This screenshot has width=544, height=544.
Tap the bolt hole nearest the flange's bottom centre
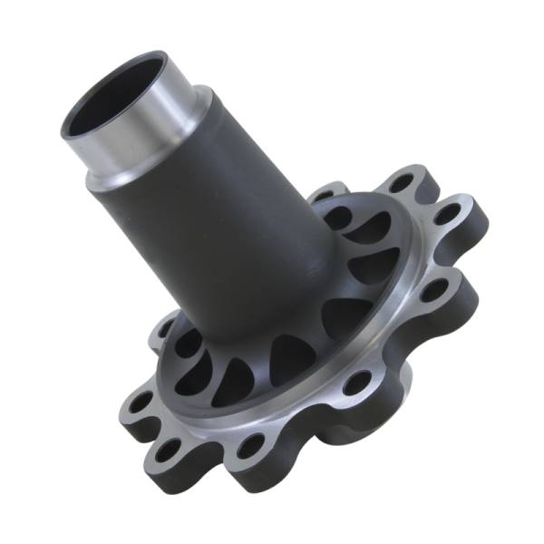coord(250,444)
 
